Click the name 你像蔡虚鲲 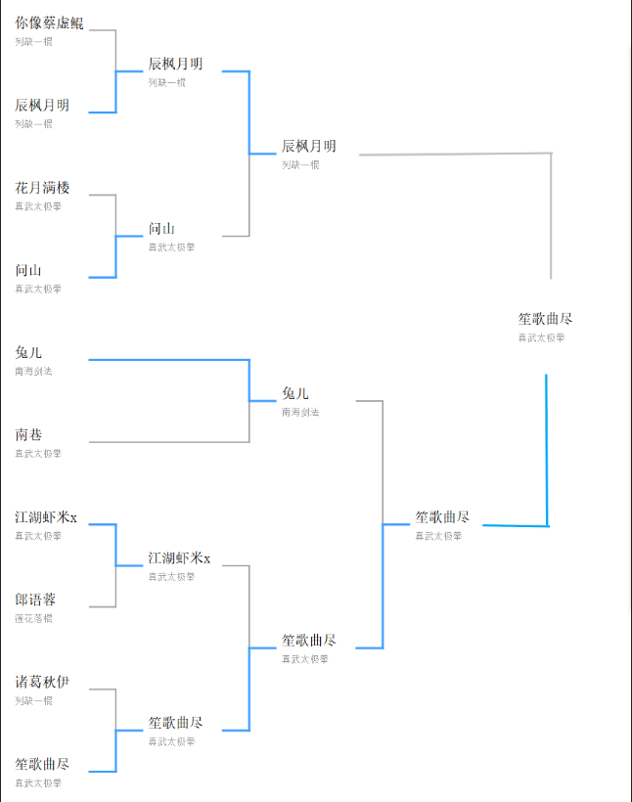pyautogui.click(x=49, y=22)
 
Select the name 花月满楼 pyautogui.click(x=42, y=188)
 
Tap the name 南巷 pyautogui.click(x=28, y=434)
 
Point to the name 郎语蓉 pyautogui.click(x=35, y=600)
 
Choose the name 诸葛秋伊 pyautogui.click(x=42, y=682)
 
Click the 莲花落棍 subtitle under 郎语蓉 pyautogui.click(x=33, y=618)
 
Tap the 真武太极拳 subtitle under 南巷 pyautogui.click(x=37, y=453)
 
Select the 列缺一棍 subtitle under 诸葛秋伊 pyautogui.click(x=33, y=700)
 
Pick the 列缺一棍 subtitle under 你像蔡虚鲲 pyautogui.click(x=33, y=41)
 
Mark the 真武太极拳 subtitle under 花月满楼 pyautogui.click(x=37, y=206)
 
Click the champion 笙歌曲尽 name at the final pyautogui.click(x=545, y=319)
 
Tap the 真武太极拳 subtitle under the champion pyautogui.click(x=541, y=337)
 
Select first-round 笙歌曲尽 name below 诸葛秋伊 pyautogui.click(x=42, y=764)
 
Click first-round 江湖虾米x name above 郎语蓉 pyautogui.click(x=46, y=516)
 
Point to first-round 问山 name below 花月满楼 pyautogui.click(x=28, y=270)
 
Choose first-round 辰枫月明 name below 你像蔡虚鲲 pyautogui.click(x=42, y=106)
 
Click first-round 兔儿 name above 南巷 pyautogui.click(x=28, y=352)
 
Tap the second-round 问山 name pyautogui.click(x=161, y=229)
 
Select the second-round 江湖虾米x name pyautogui.click(x=179, y=558)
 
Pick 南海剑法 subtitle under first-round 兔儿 pyautogui.click(x=33, y=371)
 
